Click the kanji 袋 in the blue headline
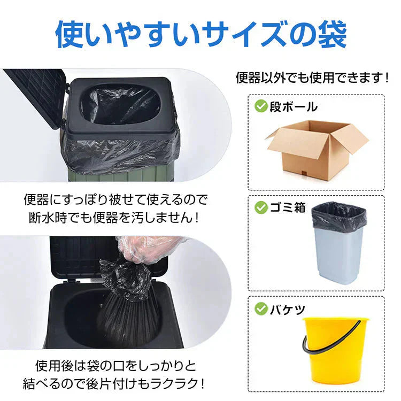[x=332, y=34]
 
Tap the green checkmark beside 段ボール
[x=260, y=106]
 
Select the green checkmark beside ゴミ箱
[x=260, y=207]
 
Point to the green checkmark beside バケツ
[x=260, y=309]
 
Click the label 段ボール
[x=294, y=106]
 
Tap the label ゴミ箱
[x=288, y=207]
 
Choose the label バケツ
[x=288, y=309]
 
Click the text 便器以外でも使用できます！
[x=313, y=78]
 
